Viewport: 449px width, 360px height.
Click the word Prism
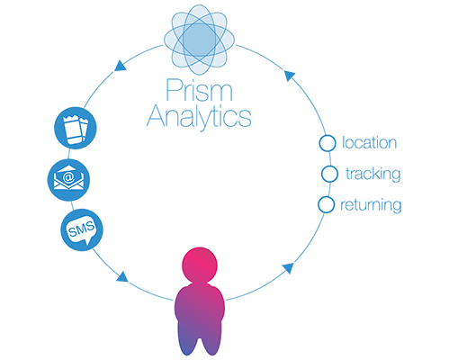(199, 90)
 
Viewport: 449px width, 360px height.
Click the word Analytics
(199, 118)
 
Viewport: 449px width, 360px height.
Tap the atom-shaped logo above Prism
(199, 40)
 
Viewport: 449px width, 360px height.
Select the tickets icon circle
(76, 128)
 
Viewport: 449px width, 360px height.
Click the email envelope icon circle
(68, 180)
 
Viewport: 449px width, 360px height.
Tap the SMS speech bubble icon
(82, 230)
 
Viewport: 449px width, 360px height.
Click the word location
(370, 142)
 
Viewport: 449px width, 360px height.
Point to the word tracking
(373, 174)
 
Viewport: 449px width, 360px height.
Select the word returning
(371, 205)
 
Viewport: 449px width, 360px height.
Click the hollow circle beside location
(328, 143)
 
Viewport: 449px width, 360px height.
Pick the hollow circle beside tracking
(329, 174)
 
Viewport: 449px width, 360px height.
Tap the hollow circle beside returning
(327, 205)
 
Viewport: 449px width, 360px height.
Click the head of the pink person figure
(200, 265)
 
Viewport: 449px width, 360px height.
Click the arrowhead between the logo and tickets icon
(121, 66)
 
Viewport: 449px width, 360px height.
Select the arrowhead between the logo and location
(289, 76)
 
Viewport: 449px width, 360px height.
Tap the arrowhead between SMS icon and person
(122, 276)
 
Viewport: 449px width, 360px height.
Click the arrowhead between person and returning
(289, 268)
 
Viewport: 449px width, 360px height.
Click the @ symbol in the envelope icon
(68, 177)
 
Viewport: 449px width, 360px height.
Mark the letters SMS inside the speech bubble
(81, 229)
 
